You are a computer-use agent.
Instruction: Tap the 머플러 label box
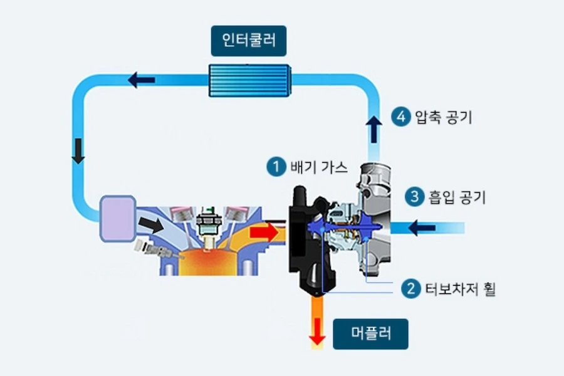click(x=370, y=333)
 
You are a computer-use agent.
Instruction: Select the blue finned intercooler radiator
click(x=248, y=80)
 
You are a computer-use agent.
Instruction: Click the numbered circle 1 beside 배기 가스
click(x=275, y=167)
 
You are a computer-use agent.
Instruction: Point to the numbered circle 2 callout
click(x=410, y=289)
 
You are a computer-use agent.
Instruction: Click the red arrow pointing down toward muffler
click(x=318, y=332)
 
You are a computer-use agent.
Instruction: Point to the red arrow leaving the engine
click(x=263, y=233)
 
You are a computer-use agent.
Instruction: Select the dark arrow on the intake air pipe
click(x=422, y=227)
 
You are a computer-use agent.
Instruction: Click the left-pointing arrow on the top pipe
click(x=142, y=80)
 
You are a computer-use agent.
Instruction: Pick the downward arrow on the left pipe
click(x=78, y=151)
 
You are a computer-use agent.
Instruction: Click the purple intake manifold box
click(x=117, y=217)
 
